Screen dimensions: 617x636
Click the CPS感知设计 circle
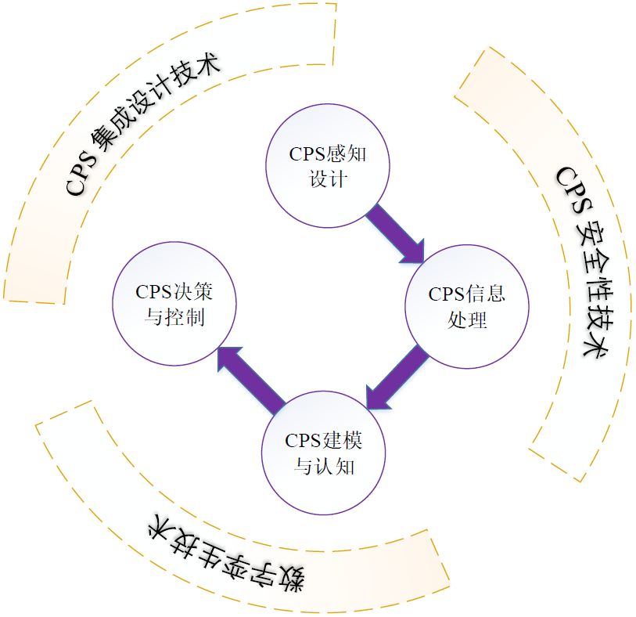[x=328, y=166]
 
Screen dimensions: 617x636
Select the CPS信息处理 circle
[x=467, y=307]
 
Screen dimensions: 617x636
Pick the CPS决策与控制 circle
[x=174, y=305]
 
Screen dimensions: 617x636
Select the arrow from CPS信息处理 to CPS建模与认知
[x=397, y=379]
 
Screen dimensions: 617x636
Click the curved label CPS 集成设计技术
[x=141, y=125]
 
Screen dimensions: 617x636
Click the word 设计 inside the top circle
[x=328, y=179]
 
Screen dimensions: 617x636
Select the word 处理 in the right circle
[x=467, y=320]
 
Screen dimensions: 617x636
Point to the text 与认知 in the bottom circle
[x=325, y=467]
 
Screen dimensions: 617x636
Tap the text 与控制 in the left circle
[x=174, y=319]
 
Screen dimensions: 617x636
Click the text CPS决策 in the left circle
[x=174, y=292]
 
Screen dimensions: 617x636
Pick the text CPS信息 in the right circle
[x=467, y=294]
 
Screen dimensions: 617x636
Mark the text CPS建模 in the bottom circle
[x=325, y=440]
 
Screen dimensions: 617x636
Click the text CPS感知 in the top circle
[x=328, y=153]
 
